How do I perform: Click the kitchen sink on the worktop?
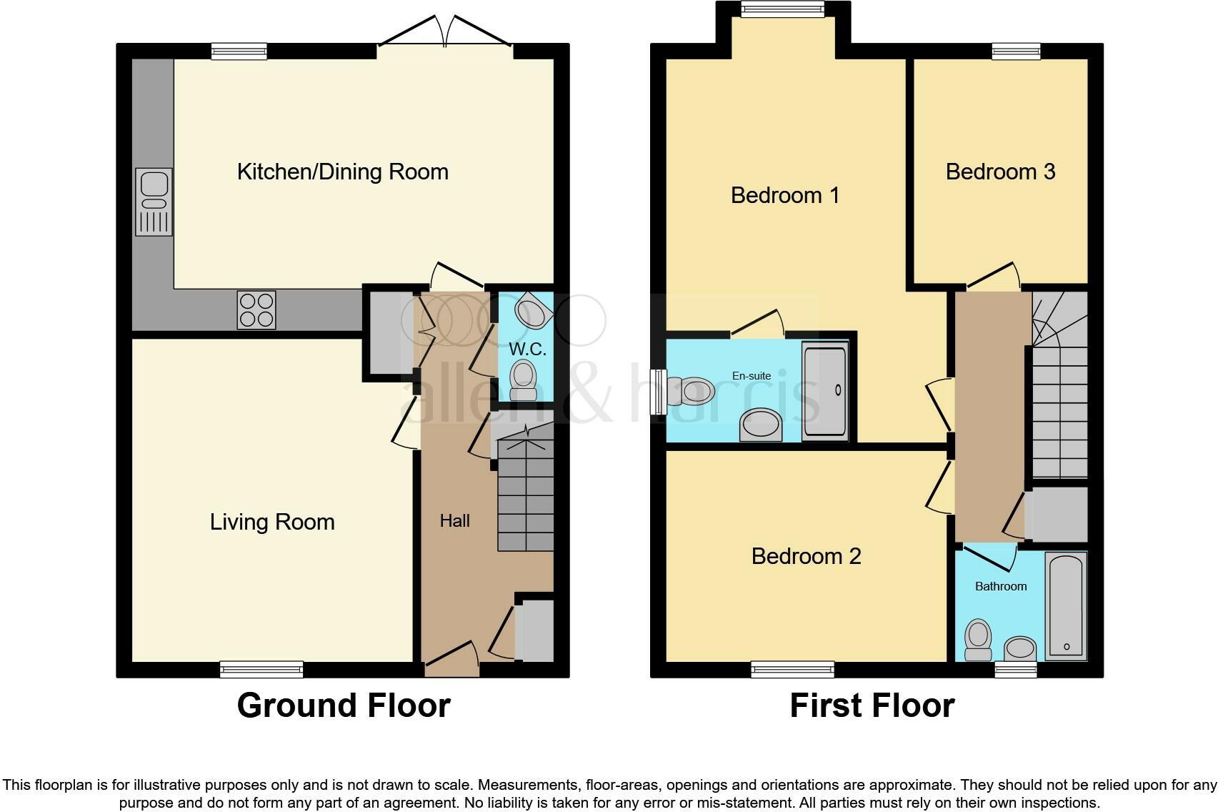click(x=154, y=202)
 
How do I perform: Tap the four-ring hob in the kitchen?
click(x=256, y=310)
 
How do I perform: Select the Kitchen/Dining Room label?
click(x=342, y=172)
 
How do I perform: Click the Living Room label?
click(x=272, y=522)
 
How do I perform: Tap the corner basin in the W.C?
click(x=531, y=312)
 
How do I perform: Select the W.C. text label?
click(x=527, y=349)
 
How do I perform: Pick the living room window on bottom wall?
click(x=261, y=669)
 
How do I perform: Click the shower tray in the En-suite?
click(x=825, y=390)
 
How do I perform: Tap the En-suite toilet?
click(x=692, y=391)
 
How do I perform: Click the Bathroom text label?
click(x=1001, y=586)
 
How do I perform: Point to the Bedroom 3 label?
click(x=1000, y=172)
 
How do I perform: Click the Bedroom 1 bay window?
click(x=783, y=9)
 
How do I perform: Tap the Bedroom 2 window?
click(x=792, y=669)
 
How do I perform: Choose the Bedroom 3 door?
click(x=992, y=276)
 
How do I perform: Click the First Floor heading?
click(x=872, y=705)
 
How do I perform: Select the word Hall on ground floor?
click(x=454, y=521)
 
